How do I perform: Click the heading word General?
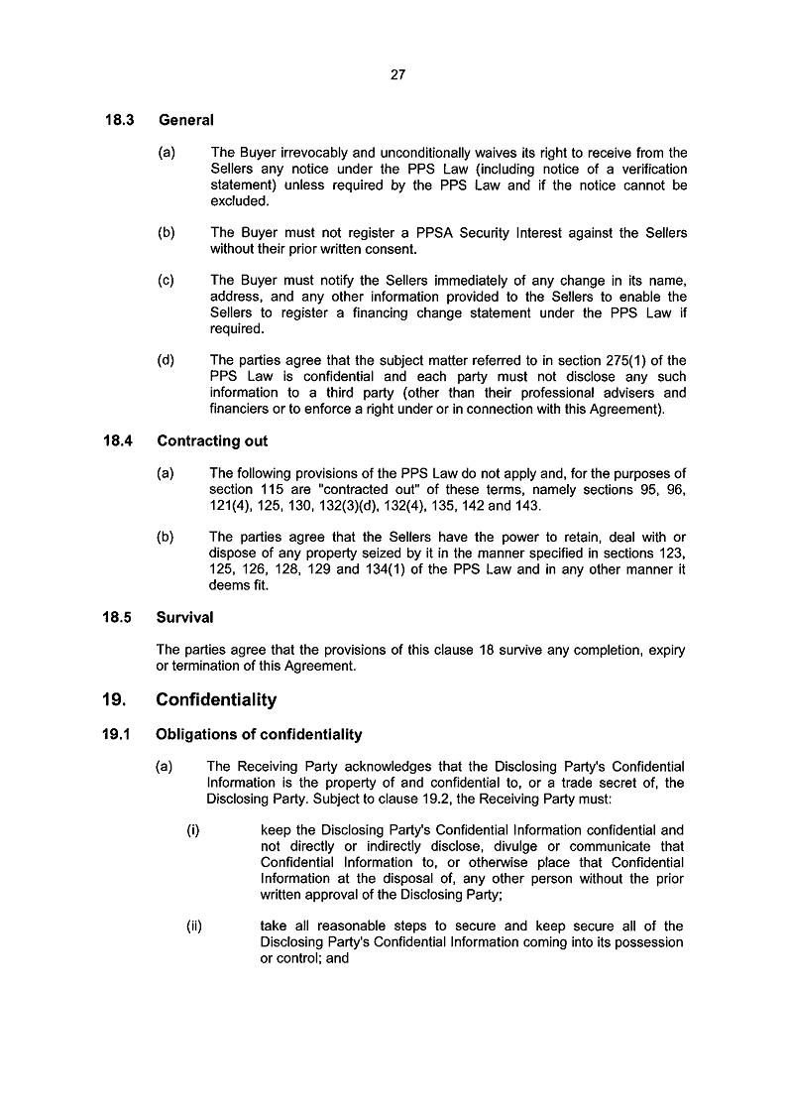coord(185,120)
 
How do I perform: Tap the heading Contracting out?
coord(212,440)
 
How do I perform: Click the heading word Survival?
coord(185,617)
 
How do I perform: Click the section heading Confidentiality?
coord(216,700)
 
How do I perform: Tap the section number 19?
coord(114,700)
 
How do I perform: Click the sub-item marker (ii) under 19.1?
coord(194,927)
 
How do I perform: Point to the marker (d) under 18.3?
coord(166,360)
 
